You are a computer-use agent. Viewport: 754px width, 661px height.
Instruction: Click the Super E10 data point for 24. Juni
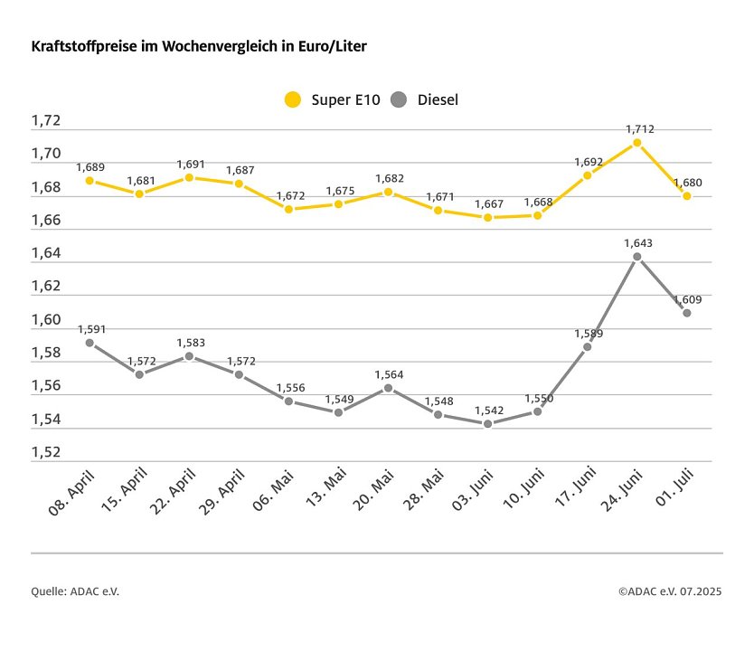(637, 142)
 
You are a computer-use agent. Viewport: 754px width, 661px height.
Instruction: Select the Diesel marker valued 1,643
(637, 257)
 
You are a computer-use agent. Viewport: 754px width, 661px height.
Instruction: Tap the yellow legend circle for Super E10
(292, 99)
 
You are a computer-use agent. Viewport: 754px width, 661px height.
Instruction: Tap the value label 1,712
(639, 129)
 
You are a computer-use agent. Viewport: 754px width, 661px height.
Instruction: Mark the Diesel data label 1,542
(487, 411)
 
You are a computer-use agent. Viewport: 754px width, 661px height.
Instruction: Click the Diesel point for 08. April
(90, 343)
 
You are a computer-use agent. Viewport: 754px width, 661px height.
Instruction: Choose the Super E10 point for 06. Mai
(288, 209)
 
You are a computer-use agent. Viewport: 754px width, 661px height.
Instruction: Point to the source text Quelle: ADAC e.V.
(75, 591)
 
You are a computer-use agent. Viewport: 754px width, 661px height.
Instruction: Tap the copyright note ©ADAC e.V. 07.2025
(670, 591)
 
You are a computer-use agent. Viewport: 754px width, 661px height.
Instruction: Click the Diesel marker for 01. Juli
(687, 313)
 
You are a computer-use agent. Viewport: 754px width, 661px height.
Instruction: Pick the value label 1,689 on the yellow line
(90, 167)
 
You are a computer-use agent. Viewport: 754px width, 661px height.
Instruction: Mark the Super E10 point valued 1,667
(488, 217)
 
